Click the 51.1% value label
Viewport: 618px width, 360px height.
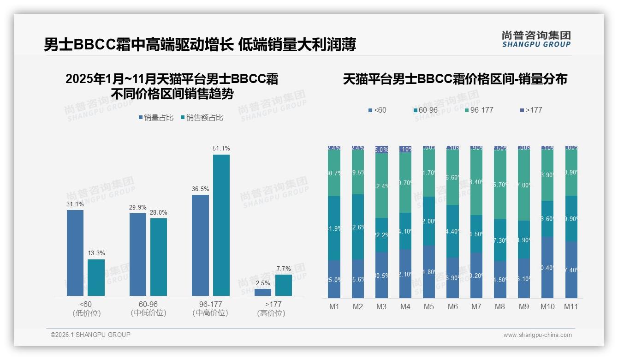[x=221, y=149]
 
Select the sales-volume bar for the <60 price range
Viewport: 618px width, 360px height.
[x=75, y=253]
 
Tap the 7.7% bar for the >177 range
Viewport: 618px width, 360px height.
[x=284, y=285]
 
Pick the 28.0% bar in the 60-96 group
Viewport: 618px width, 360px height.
[x=159, y=257]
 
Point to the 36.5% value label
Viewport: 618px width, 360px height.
[x=200, y=189]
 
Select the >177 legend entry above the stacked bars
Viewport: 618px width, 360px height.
[x=531, y=110]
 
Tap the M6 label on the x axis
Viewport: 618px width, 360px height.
[x=453, y=306]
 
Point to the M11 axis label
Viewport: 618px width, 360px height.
[x=571, y=306]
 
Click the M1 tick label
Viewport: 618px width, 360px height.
[x=334, y=306]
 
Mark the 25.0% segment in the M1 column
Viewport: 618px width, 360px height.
[x=334, y=279]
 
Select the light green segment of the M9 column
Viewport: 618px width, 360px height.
[x=524, y=185]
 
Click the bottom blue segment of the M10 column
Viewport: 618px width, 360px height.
[x=547, y=268]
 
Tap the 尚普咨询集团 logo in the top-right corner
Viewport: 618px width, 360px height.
[x=536, y=39]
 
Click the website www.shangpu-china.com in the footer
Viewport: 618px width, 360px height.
[x=537, y=335]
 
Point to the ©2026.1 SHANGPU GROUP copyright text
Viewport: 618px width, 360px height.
[x=91, y=335]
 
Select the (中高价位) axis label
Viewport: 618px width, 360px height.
[x=210, y=313]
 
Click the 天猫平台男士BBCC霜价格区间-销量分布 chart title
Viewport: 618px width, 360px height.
[x=455, y=79]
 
